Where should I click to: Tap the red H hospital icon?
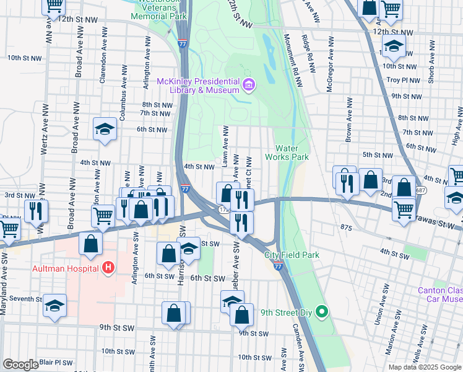click(x=108, y=268)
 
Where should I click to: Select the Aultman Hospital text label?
click(x=66, y=268)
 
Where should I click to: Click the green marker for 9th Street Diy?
click(x=321, y=312)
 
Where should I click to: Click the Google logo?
click(x=20, y=365)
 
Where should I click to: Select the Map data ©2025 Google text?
click(x=424, y=367)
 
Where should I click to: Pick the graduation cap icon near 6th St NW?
click(x=105, y=129)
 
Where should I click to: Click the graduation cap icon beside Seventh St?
click(x=55, y=306)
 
